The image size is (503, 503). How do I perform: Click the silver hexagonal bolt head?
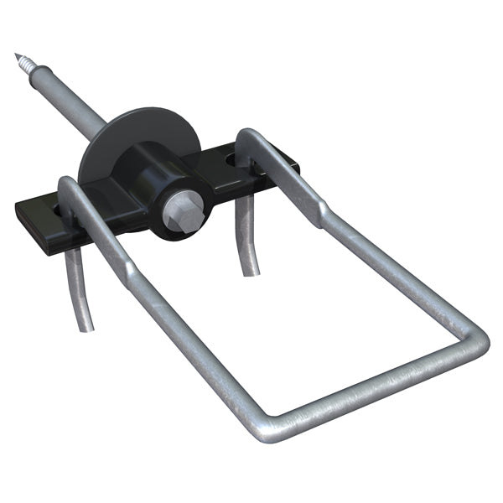185,210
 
